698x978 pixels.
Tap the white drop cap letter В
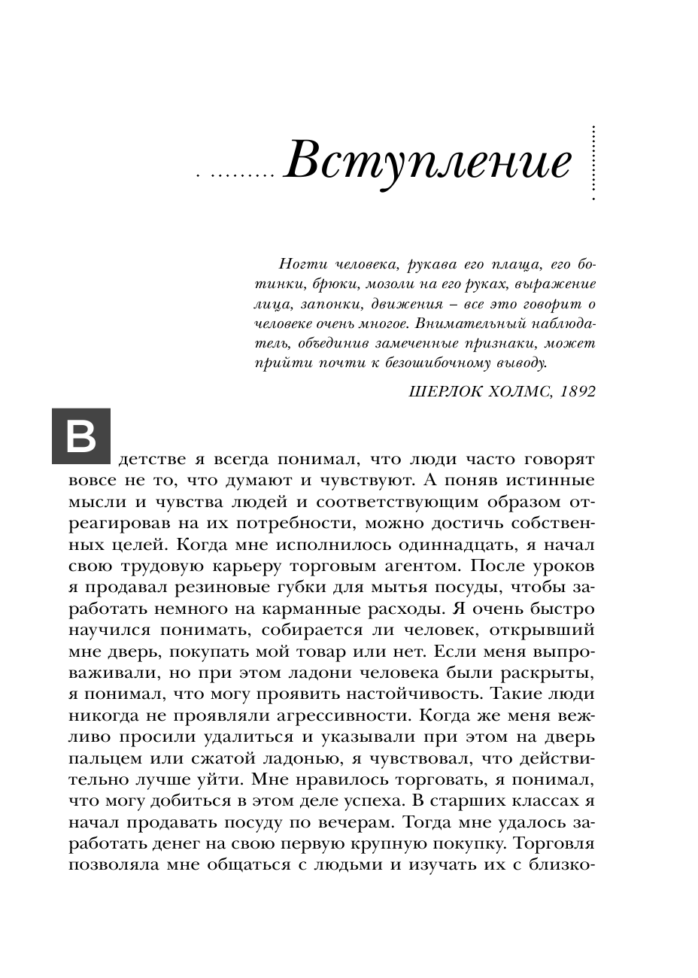pyautogui.click(x=80, y=436)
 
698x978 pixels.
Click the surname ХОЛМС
pyautogui.click(x=518, y=393)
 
